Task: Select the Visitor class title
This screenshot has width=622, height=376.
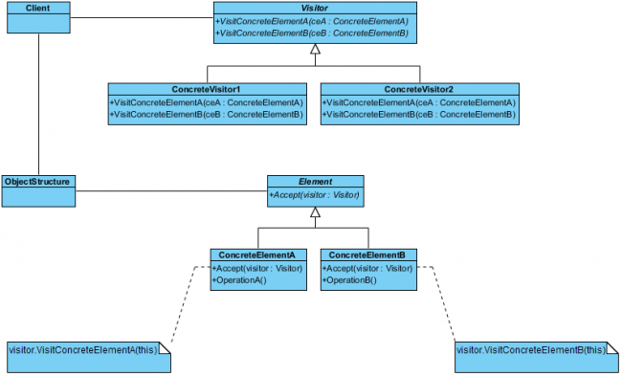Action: pyautogui.click(x=314, y=8)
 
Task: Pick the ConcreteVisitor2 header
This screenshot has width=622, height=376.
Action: pyautogui.click(x=419, y=89)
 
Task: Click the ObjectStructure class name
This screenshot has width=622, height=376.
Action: pyautogui.click(x=38, y=181)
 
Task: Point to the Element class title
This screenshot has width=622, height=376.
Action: pyautogui.click(x=315, y=181)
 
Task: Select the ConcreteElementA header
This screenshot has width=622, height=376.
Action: pyautogui.click(x=257, y=255)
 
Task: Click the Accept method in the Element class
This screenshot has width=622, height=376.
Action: pyautogui.click(x=314, y=195)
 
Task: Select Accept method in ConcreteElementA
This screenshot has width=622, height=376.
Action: pyautogui.click(x=257, y=269)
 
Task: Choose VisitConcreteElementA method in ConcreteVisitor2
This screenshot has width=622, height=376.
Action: pyautogui.click(x=419, y=102)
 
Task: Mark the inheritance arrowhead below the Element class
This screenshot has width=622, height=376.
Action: pyautogui.click(x=315, y=211)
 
